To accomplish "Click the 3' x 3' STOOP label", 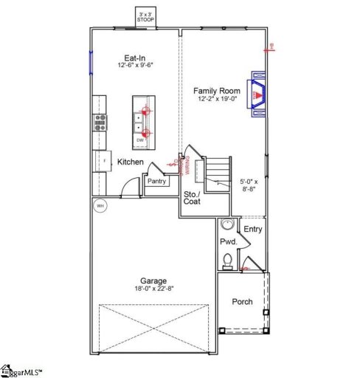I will (146, 16).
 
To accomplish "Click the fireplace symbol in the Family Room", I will (258, 94).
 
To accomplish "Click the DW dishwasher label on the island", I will (140, 140).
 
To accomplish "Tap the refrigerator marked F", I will (102, 160).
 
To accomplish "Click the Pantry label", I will (156, 181).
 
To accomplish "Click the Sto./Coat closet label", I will (193, 197).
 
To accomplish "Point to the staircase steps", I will (215, 174).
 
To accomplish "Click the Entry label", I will (253, 229).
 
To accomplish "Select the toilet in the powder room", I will (228, 260).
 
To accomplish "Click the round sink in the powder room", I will (227, 226).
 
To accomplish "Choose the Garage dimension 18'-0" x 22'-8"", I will (153, 289).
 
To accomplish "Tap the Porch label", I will (243, 301).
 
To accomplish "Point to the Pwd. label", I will (228, 241).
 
